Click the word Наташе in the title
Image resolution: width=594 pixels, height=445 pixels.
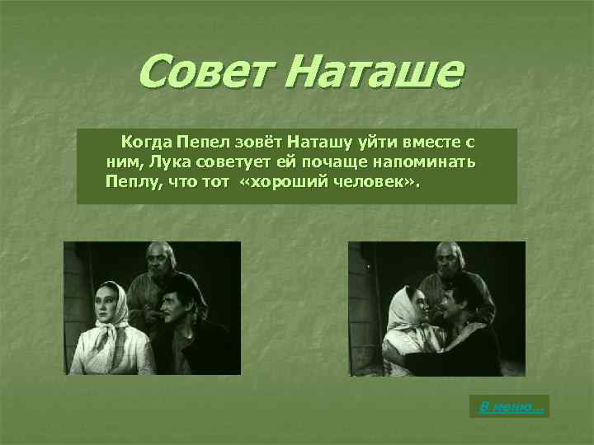point(378,72)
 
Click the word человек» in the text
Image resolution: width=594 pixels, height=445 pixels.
point(372,180)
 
